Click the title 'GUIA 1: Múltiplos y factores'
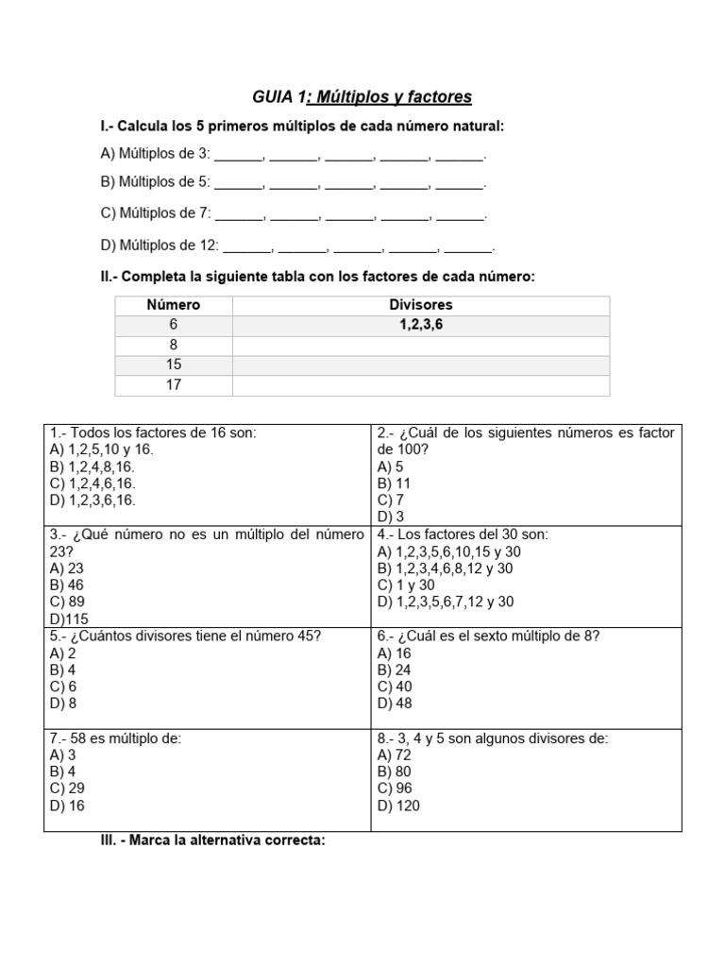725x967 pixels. tap(362, 97)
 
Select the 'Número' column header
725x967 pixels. tap(174, 305)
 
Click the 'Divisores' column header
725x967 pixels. tap(421, 305)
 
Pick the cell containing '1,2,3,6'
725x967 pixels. tap(421, 325)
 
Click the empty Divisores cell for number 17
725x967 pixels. tap(421, 385)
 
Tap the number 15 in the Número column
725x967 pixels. tap(174, 365)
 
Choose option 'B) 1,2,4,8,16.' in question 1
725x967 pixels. tap(93, 467)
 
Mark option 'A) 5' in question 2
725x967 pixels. tap(390, 467)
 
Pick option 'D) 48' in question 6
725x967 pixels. tap(394, 704)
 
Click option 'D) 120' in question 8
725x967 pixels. tap(398, 806)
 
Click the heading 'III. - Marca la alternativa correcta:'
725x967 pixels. tap(212, 840)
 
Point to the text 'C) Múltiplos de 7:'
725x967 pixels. tap(156, 213)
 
